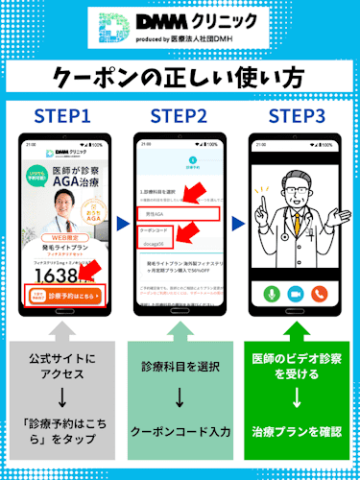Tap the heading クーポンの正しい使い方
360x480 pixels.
tap(180, 78)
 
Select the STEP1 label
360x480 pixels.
tap(65, 116)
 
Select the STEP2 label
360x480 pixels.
tap(180, 116)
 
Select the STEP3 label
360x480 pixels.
tap(297, 116)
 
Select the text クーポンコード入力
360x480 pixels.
tap(180, 432)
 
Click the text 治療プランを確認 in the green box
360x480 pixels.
tap(297, 432)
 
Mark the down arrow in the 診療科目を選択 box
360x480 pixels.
tap(180, 396)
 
